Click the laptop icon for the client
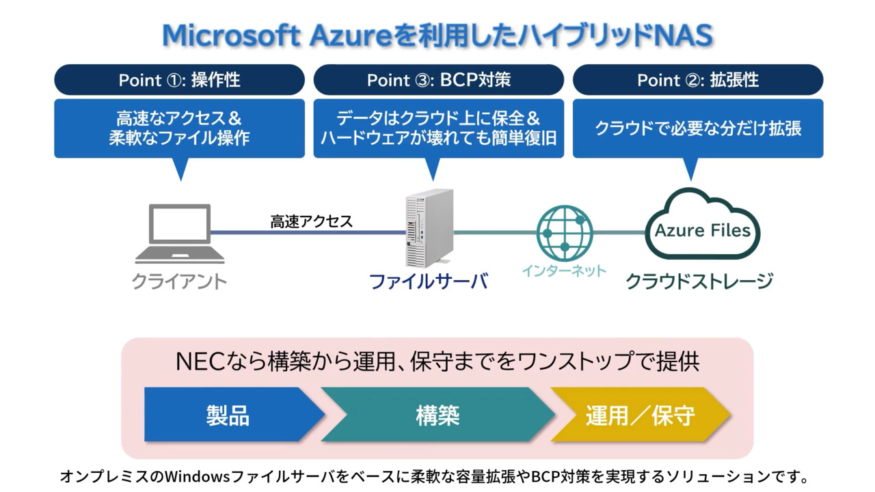(x=180, y=234)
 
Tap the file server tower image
(x=429, y=228)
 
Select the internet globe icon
(x=565, y=232)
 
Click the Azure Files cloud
(x=702, y=225)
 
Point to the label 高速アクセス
(x=311, y=221)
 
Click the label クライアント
(x=179, y=282)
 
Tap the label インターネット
(x=564, y=271)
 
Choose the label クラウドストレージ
(x=699, y=281)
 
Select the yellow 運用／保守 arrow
(x=640, y=415)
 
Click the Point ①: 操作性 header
(x=179, y=80)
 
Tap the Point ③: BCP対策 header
(x=438, y=80)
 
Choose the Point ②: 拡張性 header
(x=697, y=80)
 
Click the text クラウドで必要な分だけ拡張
(x=697, y=128)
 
